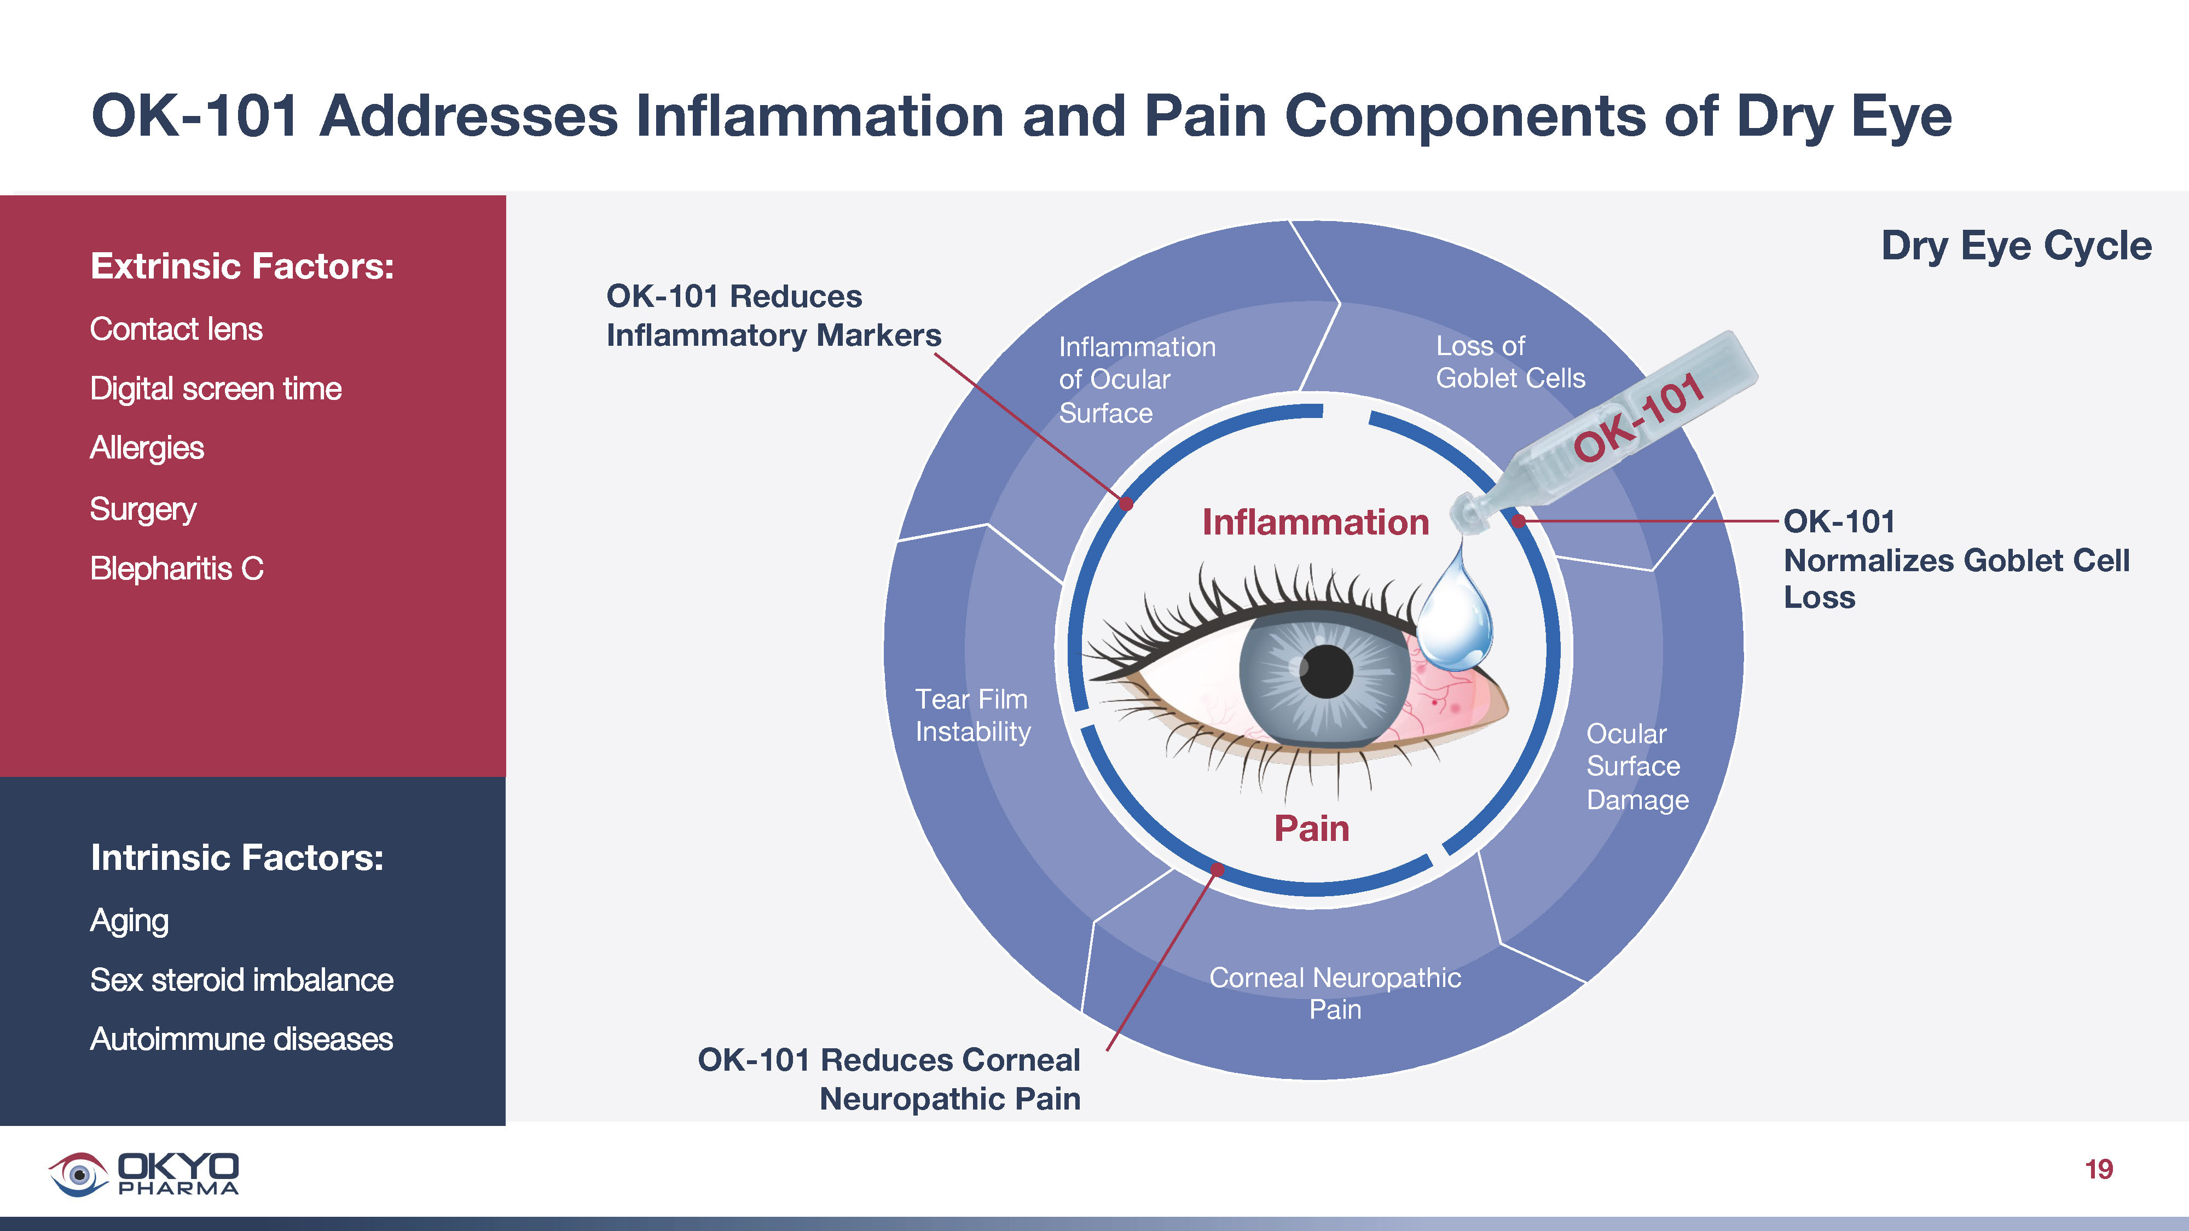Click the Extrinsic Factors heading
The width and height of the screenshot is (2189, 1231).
pyautogui.click(x=242, y=267)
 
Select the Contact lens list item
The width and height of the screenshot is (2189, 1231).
pyautogui.click(x=176, y=329)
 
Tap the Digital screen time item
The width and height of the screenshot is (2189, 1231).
pyautogui.click(x=216, y=389)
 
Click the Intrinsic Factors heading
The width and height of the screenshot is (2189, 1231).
pyautogui.click(x=237, y=858)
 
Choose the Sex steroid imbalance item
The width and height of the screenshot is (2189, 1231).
pyautogui.click(x=241, y=980)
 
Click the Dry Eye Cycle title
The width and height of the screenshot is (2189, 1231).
pyautogui.click(x=2016, y=246)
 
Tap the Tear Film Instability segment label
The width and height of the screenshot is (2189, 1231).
pyautogui.click(x=972, y=715)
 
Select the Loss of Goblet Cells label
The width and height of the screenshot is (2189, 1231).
pyautogui.click(x=1509, y=362)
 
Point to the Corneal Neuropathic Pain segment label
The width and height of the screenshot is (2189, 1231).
pyautogui.click(x=1334, y=993)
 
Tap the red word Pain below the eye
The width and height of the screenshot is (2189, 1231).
pyautogui.click(x=1311, y=828)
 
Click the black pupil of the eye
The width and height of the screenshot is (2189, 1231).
pyautogui.click(x=1325, y=671)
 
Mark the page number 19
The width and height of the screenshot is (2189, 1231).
pyautogui.click(x=2098, y=1170)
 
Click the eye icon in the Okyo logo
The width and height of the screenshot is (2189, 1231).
pyautogui.click(x=78, y=1174)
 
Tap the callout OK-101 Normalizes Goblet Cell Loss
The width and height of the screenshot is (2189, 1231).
pyautogui.click(x=1954, y=560)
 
